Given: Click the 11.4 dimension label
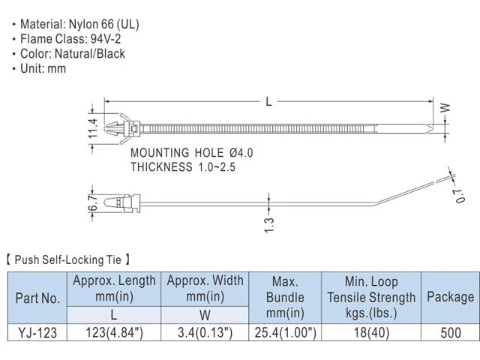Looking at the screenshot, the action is click(x=93, y=128).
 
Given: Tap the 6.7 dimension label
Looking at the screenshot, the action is click(x=93, y=202).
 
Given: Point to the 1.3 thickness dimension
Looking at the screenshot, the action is click(x=269, y=225).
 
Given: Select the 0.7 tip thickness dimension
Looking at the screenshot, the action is click(x=460, y=196).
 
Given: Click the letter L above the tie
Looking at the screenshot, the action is click(x=268, y=101).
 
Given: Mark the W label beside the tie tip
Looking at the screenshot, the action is click(x=445, y=107).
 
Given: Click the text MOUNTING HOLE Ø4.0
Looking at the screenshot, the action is click(x=192, y=153).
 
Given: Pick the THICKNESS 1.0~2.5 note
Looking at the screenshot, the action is click(x=183, y=166).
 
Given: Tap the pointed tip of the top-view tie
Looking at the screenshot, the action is click(x=433, y=128).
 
